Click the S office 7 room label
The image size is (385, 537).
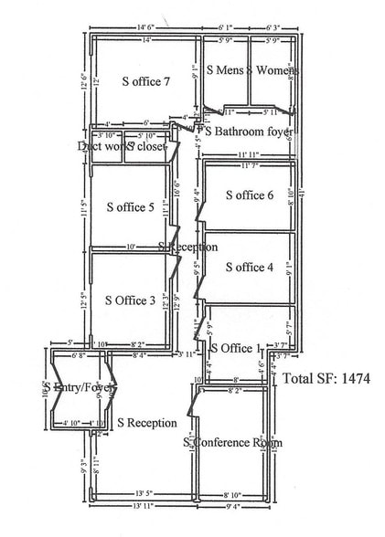pos(146,80)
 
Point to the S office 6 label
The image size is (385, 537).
pos(242,195)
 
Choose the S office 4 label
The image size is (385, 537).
pos(242,267)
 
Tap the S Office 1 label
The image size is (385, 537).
pos(236,348)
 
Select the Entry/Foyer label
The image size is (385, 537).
pos(76,388)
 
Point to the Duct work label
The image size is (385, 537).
pos(101,146)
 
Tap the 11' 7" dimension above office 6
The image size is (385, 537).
pos(250,165)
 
